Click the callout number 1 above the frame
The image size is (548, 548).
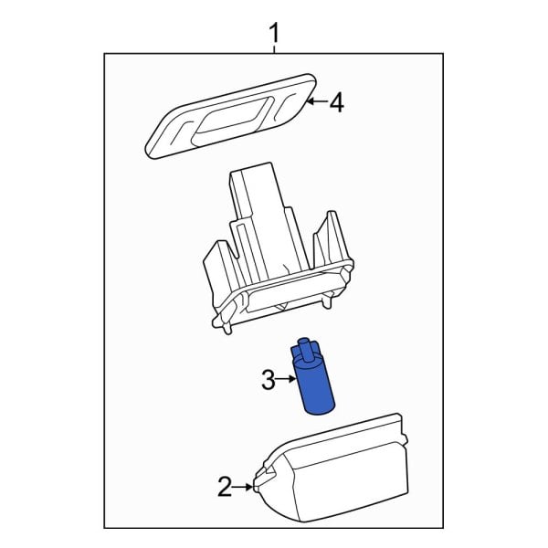coord(274,34)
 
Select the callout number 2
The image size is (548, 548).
coord(225,488)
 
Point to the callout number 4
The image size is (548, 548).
coord(336,104)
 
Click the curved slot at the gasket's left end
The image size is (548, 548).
coord(174,130)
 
